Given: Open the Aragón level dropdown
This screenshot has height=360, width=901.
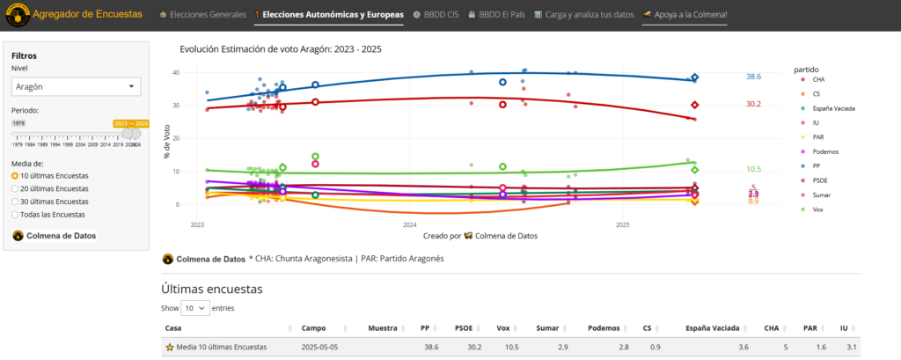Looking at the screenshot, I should pos(77,86).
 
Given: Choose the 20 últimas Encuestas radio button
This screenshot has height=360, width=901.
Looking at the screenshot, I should pos(15,188).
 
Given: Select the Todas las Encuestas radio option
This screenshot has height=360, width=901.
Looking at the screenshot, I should pos(15,214).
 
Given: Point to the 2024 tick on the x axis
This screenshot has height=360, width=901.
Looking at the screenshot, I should pos(409,225).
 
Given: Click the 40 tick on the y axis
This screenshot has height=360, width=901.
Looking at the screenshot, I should pos(176,73).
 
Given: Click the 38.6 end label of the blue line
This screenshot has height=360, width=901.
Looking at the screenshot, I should pos(753,77).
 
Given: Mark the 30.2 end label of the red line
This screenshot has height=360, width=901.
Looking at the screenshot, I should pos(753,104).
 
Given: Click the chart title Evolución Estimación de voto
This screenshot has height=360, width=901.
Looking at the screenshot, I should pos(280,49).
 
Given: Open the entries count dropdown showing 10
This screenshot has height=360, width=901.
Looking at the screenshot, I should pos(196,308).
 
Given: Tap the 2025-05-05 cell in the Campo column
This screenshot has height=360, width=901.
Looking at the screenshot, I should pos(319,348).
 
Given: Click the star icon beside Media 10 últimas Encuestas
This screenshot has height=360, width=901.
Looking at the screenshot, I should pos(170,348).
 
